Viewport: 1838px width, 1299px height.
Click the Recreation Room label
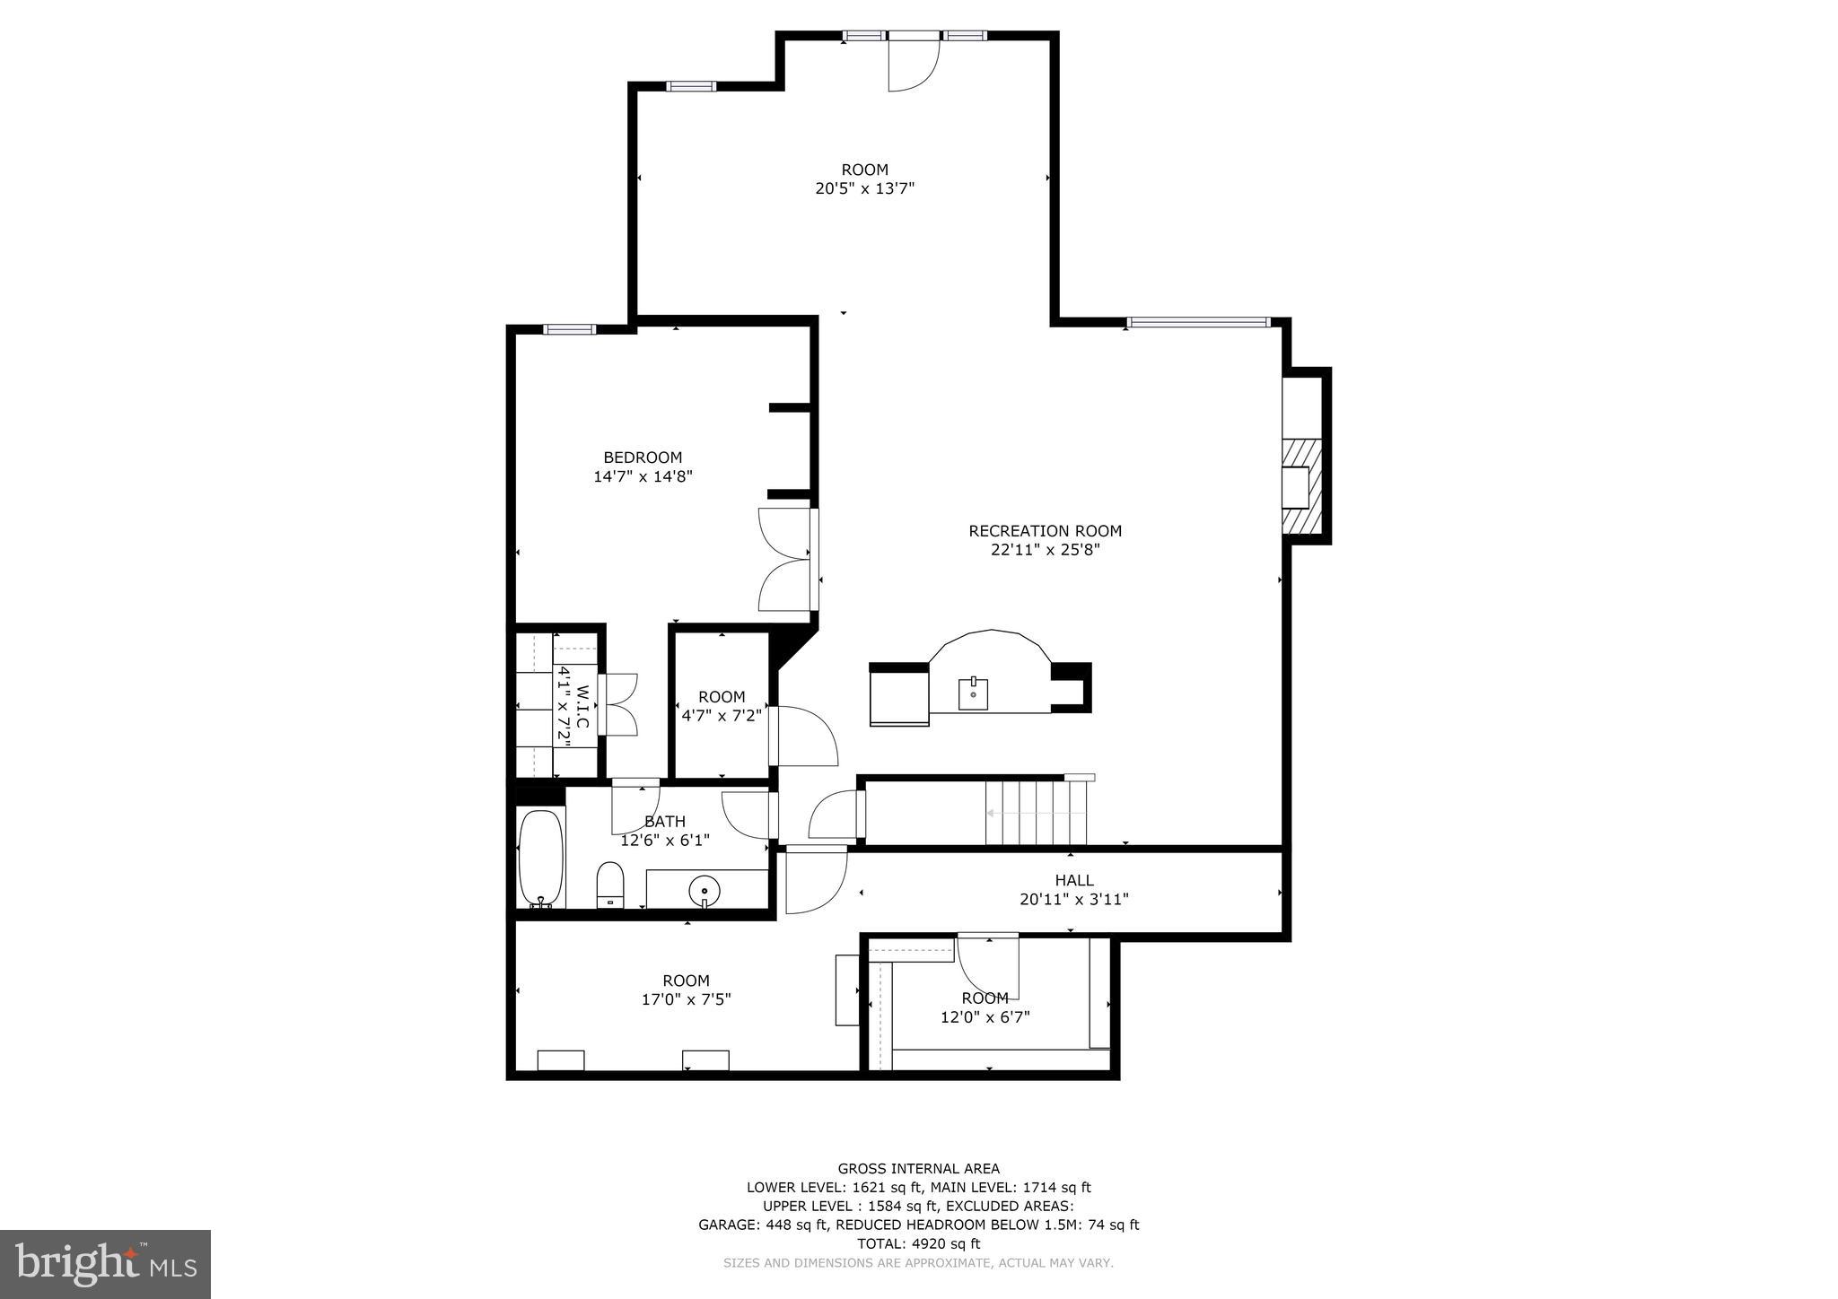coord(1045,531)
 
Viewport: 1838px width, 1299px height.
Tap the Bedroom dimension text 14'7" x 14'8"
coord(643,476)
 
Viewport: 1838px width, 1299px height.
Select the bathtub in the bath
coord(541,859)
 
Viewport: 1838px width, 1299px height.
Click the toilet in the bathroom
coord(610,885)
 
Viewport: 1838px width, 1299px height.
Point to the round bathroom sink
coord(705,892)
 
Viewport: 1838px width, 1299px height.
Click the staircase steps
coord(1036,813)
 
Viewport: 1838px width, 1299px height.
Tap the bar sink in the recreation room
coord(973,694)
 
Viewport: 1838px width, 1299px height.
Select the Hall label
coord(1074,880)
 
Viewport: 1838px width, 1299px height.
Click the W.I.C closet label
coord(582,707)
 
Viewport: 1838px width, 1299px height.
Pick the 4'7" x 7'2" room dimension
coord(722,715)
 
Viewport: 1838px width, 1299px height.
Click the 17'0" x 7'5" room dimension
coord(687,999)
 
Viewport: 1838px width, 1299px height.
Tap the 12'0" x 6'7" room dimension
coord(985,1017)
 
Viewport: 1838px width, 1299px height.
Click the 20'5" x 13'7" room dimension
coord(865,188)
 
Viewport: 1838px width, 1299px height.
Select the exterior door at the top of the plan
coord(914,61)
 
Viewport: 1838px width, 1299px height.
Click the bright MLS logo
coord(106,1265)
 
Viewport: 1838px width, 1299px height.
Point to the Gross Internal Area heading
coord(919,1168)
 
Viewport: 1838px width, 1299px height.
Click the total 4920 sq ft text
coord(919,1243)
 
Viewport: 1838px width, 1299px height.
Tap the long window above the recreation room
coord(1198,322)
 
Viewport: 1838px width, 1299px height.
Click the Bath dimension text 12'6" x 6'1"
coord(665,841)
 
